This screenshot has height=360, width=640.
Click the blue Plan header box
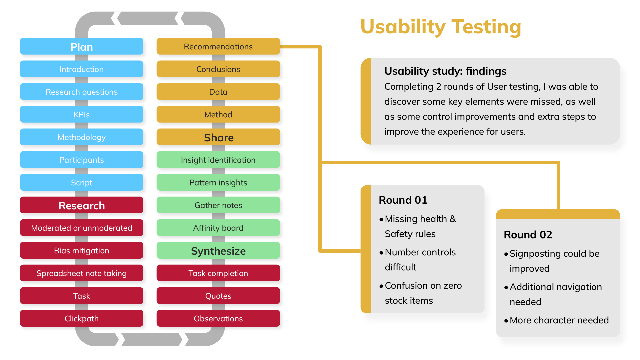pos(82,47)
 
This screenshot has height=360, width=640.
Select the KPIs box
pos(82,115)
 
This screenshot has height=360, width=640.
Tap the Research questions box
pos(82,92)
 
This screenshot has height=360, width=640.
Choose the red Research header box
pos(82,205)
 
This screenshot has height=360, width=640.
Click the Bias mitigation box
pos(82,251)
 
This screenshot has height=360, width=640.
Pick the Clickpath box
pos(82,319)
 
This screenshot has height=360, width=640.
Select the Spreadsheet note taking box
pos(82,273)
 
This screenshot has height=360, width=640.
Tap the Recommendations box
pos(218,47)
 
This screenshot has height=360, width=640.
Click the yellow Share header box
pos(218,137)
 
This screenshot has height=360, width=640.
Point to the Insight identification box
pos(218,160)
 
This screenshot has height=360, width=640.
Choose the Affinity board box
pos(218,228)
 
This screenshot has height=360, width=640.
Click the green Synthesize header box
pos(218,251)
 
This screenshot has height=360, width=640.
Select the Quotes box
pos(218,296)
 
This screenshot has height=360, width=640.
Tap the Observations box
pos(218,319)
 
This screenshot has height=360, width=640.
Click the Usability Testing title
pos(441,27)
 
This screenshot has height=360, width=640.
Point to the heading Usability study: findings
pos(445,71)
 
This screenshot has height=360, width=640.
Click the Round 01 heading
pos(403,200)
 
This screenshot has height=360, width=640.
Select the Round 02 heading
pos(528,235)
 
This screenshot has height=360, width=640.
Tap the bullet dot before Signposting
pos(506,254)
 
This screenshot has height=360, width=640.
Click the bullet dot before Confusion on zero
pos(381,286)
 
